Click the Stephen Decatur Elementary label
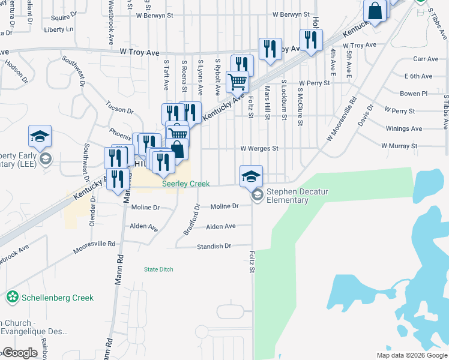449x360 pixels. [288, 196]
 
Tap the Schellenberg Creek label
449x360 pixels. [57, 298]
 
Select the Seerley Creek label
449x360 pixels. [185, 184]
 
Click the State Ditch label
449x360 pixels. [158, 269]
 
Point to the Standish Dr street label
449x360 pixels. [214, 247]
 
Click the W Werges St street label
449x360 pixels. [259, 148]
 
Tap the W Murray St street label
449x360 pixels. [399, 146]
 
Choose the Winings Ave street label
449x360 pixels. [403, 128]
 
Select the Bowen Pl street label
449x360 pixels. [413, 94]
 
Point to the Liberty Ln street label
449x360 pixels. [58, 29]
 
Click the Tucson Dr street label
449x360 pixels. [121, 110]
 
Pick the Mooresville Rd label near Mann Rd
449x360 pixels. [94, 247]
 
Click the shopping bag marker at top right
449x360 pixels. [375, 11]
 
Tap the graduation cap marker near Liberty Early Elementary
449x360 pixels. [40, 137]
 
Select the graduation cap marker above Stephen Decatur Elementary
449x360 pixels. [251, 176]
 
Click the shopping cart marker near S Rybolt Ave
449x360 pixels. [237, 80]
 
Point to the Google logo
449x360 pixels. [19, 353]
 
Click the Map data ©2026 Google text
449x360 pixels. [411, 355]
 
